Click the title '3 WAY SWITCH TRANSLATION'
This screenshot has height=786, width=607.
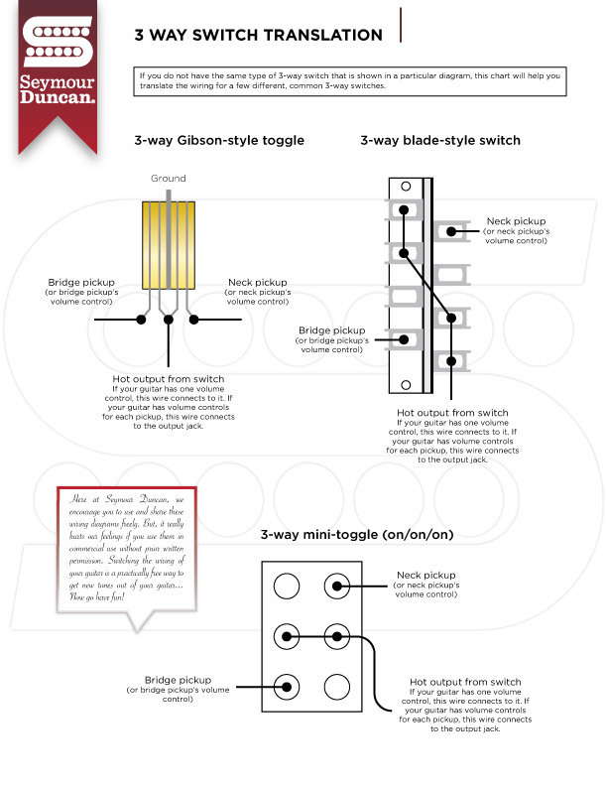[258, 35]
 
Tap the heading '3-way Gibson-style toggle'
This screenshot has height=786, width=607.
[218, 140]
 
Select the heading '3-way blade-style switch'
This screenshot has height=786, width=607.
[439, 140]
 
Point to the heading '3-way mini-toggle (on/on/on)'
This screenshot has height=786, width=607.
[356, 535]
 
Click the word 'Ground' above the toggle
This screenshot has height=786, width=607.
[169, 179]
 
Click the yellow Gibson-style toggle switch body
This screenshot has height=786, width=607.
[169, 244]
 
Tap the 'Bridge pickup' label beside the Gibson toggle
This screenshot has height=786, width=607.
[79, 283]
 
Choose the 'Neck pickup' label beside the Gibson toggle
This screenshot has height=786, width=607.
[258, 283]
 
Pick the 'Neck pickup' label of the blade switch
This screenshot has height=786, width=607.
[516, 221]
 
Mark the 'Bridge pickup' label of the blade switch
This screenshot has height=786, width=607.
[332, 329]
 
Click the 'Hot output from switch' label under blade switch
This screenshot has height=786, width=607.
[452, 413]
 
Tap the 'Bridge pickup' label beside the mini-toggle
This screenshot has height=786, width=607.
[179, 680]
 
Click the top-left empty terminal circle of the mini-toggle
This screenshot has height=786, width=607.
[287, 587]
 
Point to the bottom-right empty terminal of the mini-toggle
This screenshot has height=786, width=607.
[337, 686]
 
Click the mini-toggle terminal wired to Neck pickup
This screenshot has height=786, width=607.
[337, 587]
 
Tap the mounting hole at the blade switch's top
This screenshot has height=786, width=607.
[404, 187]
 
